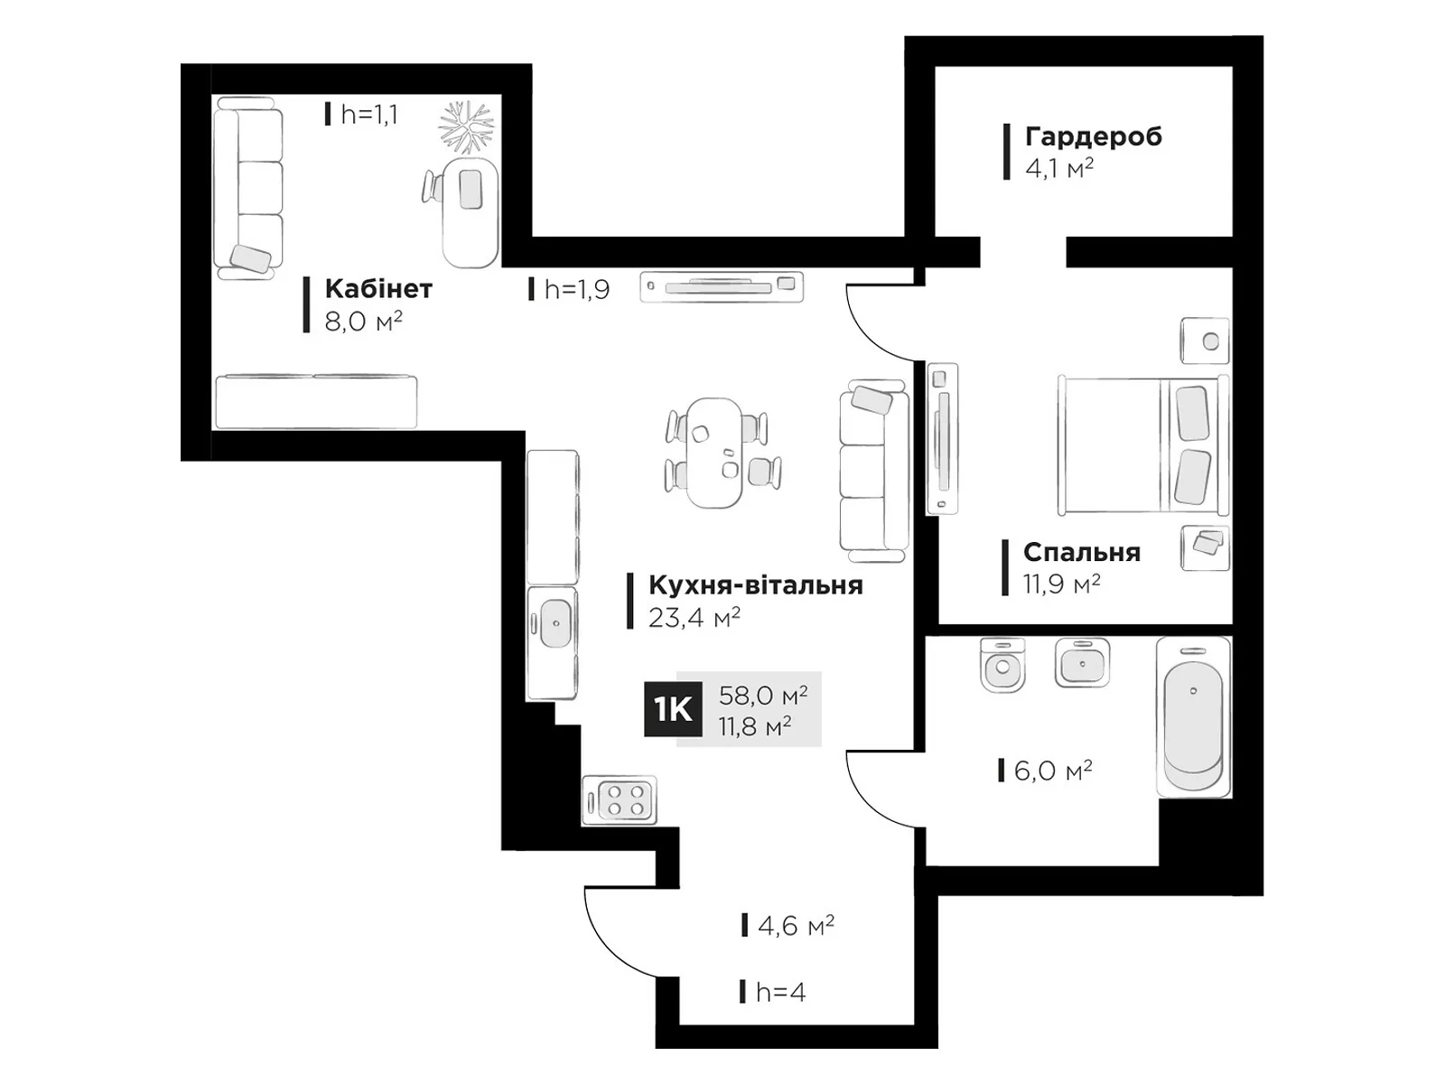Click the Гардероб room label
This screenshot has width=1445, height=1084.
coord(1094,137)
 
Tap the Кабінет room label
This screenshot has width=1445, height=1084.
coord(378,289)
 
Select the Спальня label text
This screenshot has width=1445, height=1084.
coord(1082,552)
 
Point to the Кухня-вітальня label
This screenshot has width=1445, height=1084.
coord(756,585)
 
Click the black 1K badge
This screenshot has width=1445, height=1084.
coord(672,709)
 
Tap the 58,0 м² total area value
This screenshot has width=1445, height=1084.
coord(763,695)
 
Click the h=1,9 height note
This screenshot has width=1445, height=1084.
coord(577,289)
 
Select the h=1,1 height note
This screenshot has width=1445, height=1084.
coord(368,115)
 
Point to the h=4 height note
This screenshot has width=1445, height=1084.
coord(781,992)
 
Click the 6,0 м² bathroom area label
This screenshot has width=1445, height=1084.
coord(1053,770)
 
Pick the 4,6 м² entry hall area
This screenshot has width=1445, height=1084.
coord(796,926)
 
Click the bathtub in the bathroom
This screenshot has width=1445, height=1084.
coord(1193,716)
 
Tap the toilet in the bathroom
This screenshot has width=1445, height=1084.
coord(1002,665)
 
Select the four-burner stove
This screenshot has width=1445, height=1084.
coord(619,799)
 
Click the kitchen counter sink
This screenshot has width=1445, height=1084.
coord(555,622)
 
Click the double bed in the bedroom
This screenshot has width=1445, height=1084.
coord(1143,445)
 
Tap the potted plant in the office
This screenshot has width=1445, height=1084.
coord(467,127)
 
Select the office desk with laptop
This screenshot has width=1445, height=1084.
coord(470,212)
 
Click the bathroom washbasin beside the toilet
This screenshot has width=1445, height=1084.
coord(1082,663)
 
